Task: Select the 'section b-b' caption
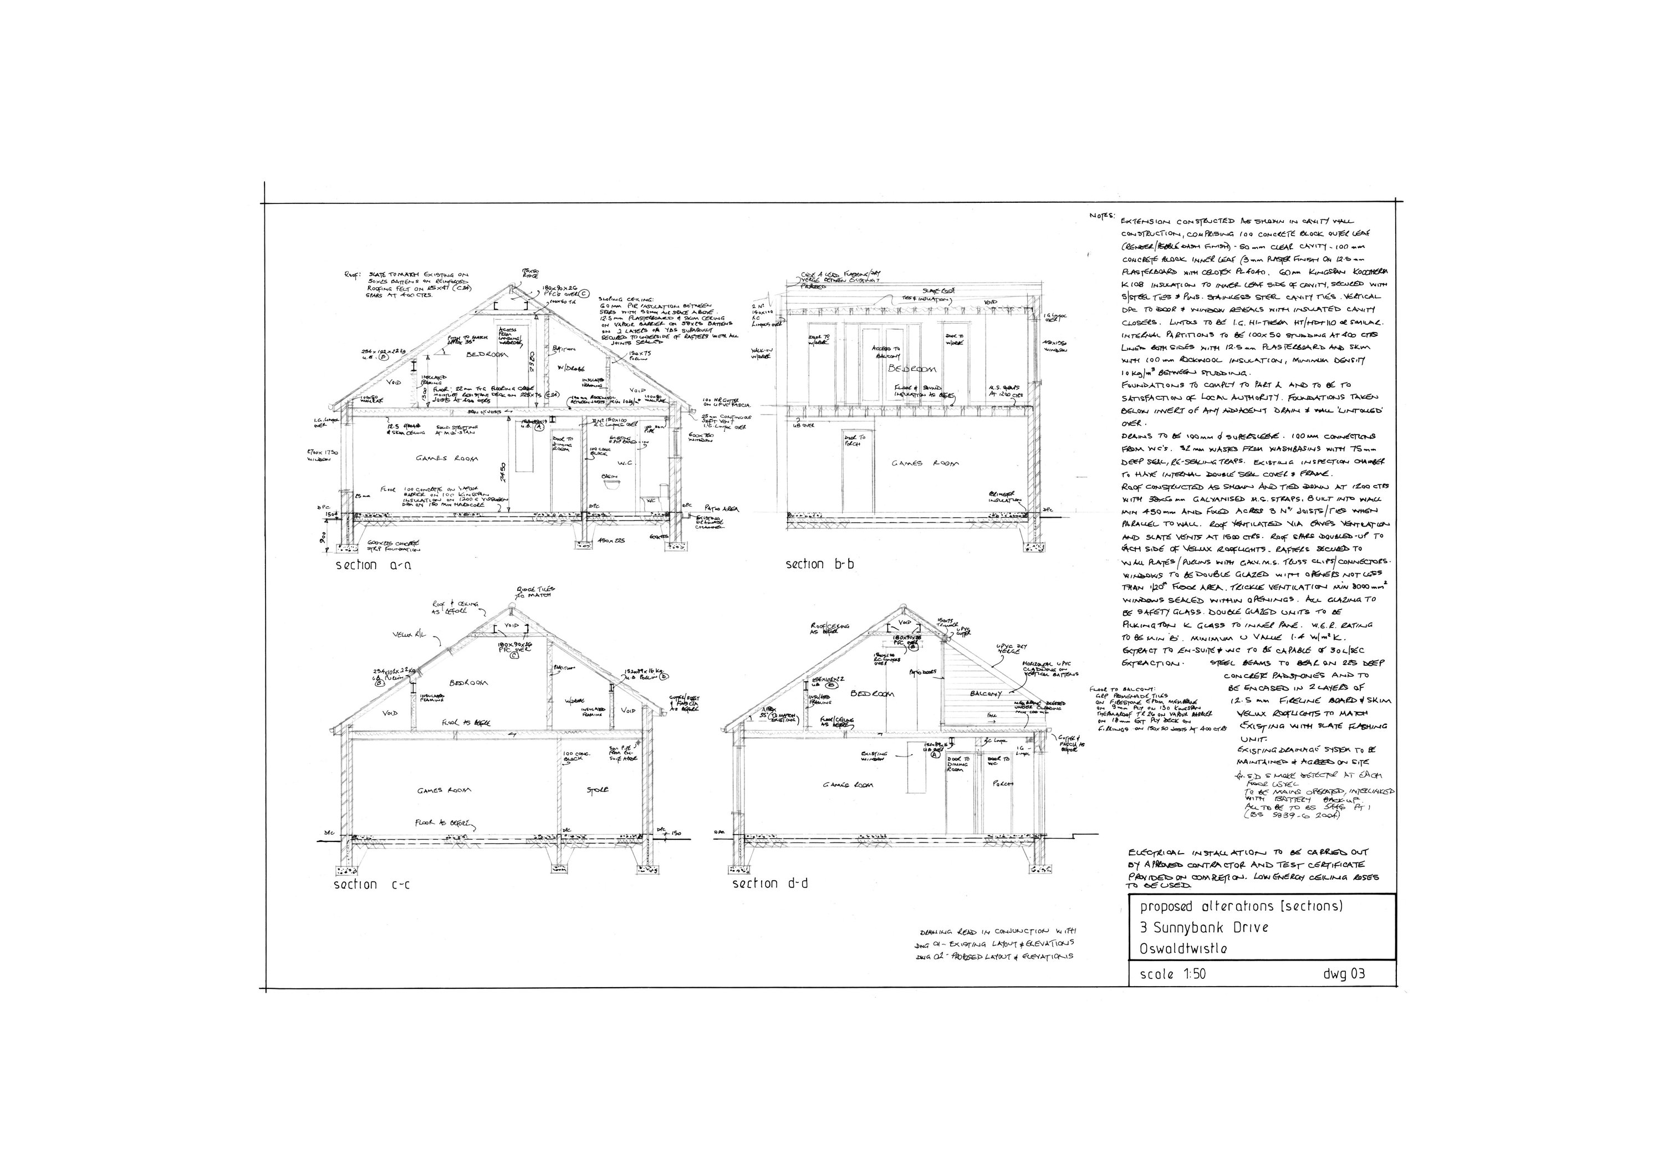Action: click(x=815, y=564)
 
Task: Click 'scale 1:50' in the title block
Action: click(x=1172, y=974)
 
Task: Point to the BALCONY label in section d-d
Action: click(x=985, y=694)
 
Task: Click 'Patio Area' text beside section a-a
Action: click(x=722, y=509)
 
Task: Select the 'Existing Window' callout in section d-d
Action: click(x=874, y=756)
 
